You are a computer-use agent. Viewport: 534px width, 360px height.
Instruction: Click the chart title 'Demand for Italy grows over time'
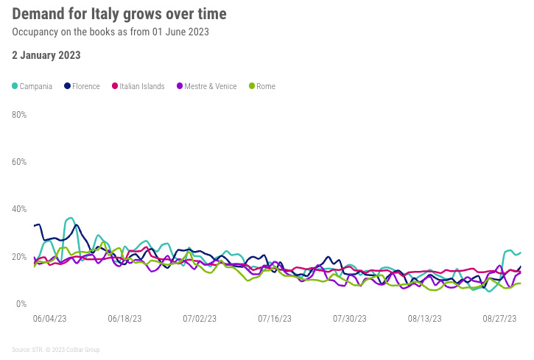click(120, 14)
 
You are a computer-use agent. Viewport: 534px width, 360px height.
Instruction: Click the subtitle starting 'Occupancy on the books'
click(111, 32)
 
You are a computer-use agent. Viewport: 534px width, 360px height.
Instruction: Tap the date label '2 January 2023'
click(46, 55)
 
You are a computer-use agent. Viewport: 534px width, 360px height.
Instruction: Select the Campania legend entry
click(32, 86)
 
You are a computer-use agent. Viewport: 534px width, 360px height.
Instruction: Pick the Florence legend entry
click(82, 86)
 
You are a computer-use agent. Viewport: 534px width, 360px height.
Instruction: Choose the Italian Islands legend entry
click(138, 86)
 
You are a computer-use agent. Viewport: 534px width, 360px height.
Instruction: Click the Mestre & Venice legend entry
click(206, 86)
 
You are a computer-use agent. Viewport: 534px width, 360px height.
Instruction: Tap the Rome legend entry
click(261, 86)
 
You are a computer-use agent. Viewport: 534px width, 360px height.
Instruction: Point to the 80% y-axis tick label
click(19, 115)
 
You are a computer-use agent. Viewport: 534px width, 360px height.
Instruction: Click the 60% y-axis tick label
click(19, 162)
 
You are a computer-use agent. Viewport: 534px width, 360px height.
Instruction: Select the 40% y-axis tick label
click(19, 209)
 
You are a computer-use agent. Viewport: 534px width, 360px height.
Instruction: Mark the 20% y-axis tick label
click(19, 257)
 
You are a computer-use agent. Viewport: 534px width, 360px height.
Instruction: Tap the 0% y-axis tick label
click(21, 304)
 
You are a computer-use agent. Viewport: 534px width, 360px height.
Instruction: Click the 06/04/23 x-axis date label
click(50, 319)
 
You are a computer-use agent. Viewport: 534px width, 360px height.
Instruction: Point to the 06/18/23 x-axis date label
click(124, 319)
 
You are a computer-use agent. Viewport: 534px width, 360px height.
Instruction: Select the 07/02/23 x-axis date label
click(200, 319)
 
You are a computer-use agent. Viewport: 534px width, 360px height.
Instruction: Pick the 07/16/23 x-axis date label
click(275, 319)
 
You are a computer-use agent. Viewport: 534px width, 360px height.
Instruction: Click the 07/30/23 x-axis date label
click(350, 319)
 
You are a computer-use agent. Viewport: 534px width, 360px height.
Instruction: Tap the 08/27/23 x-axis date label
click(500, 319)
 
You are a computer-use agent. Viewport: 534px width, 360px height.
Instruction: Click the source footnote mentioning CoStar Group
click(56, 350)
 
